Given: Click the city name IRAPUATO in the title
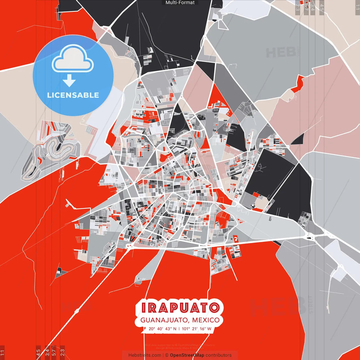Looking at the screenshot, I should (180, 307).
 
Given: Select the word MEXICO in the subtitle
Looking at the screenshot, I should (206, 320).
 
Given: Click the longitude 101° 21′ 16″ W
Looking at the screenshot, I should (196, 329).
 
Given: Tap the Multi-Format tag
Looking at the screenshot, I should (180, 3).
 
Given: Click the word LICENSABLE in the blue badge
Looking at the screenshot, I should (73, 95).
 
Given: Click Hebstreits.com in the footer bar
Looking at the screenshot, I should (145, 355).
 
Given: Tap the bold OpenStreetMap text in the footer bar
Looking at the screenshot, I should (187, 355).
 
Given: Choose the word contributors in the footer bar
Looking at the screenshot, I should (219, 355).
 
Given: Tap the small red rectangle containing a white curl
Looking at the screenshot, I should (235, 239).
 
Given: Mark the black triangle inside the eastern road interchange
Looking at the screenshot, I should (312, 238).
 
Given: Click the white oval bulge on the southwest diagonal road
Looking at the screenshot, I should (76, 311).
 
